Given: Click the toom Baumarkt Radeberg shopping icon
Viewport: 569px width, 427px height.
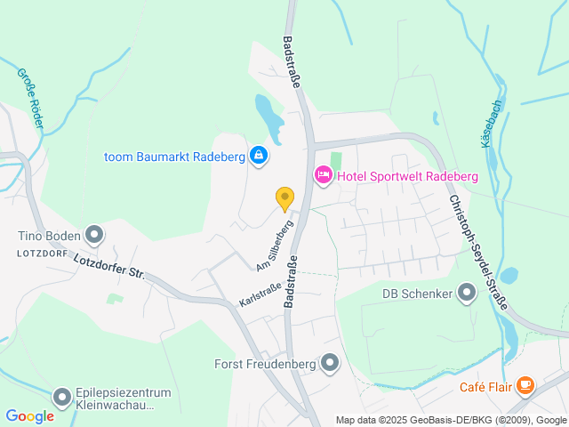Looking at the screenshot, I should point(258,157).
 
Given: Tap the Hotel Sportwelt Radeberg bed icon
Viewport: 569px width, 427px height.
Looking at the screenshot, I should point(323,176).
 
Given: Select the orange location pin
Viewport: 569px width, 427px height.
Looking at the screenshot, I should point(284,198).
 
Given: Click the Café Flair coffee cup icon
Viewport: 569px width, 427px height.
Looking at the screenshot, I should point(525,385).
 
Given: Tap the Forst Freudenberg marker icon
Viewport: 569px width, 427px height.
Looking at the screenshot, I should point(331,363).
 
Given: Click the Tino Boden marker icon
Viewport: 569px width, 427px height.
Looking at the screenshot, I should point(95,236).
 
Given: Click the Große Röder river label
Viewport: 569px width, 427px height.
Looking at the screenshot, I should point(28,98).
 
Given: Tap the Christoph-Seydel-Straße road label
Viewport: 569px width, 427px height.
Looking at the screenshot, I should point(477,253).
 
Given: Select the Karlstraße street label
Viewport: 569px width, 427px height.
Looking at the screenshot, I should point(260,295).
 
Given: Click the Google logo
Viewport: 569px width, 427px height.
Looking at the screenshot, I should point(29,416).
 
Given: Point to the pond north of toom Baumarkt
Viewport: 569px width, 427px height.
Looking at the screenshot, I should point(268,117).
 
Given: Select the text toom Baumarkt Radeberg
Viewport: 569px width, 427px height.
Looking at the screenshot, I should point(174,157).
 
